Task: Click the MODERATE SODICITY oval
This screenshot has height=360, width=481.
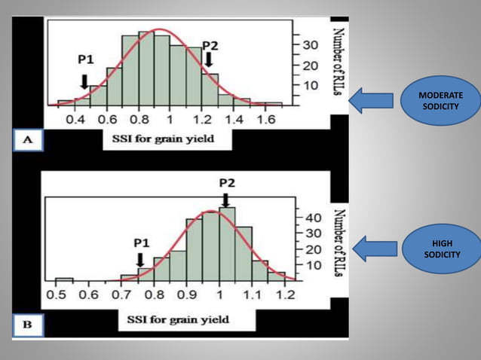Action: (x=440, y=102)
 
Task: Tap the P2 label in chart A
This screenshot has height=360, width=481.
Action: (x=210, y=44)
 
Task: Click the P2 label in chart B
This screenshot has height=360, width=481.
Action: (x=228, y=183)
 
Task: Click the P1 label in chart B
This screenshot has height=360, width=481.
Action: (x=141, y=243)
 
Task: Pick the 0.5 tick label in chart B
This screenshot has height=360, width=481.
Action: (x=56, y=295)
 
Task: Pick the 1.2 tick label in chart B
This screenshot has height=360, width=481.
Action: (x=285, y=295)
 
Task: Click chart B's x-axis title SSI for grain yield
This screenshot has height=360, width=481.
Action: (x=173, y=321)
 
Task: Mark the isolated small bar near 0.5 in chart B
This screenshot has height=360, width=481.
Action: (x=64, y=279)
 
